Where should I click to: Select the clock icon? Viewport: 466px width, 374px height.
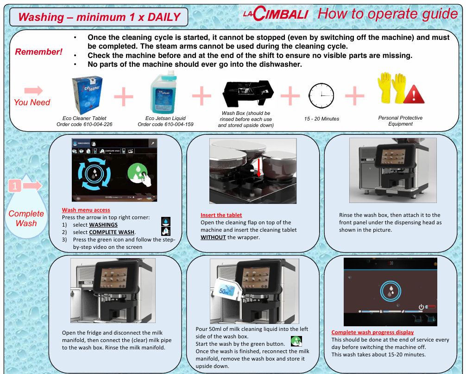click(321, 95)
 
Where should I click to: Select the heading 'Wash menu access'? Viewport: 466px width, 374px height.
click(86, 210)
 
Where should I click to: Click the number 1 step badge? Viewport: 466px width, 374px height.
click(15, 186)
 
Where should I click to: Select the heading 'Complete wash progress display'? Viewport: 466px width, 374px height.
click(372, 332)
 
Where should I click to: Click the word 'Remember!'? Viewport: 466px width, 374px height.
click(38, 52)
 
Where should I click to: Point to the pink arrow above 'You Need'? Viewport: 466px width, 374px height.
click(33, 90)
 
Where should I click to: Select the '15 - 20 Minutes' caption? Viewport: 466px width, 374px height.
click(321, 119)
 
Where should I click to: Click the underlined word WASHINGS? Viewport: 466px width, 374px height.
click(103, 225)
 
